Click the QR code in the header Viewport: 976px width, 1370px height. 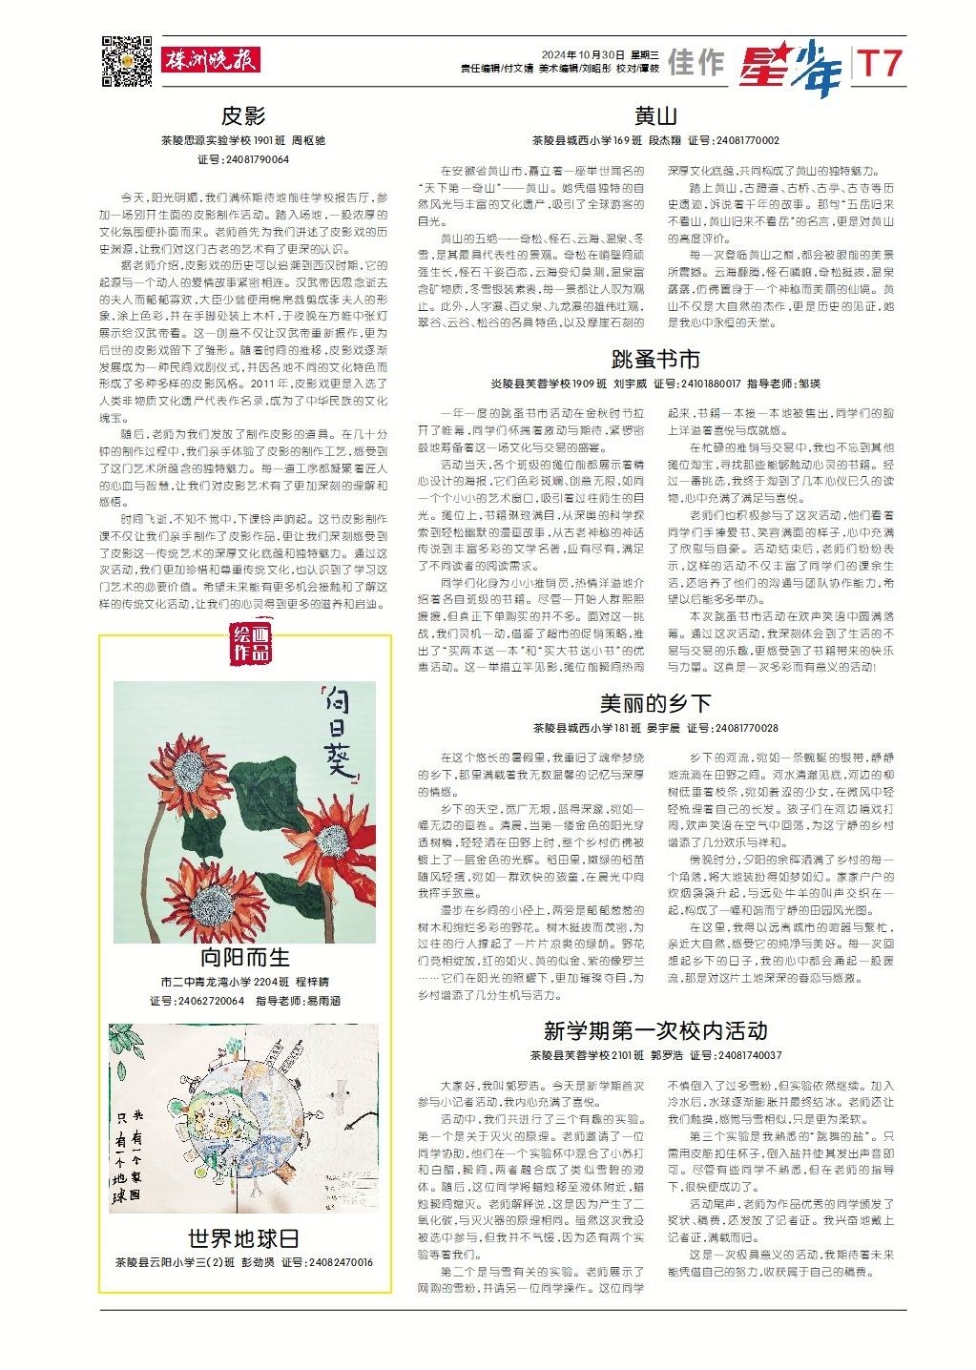(127, 61)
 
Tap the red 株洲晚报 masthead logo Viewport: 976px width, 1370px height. (211, 60)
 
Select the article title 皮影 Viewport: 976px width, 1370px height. (243, 116)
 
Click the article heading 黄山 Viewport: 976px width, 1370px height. (655, 116)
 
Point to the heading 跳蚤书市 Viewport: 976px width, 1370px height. (655, 359)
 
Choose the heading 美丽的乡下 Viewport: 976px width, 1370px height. (655, 704)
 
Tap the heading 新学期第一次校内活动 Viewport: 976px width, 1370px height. (655, 1030)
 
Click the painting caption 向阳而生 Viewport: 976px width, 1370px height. (244, 957)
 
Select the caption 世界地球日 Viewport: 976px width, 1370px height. (244, 1238)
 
